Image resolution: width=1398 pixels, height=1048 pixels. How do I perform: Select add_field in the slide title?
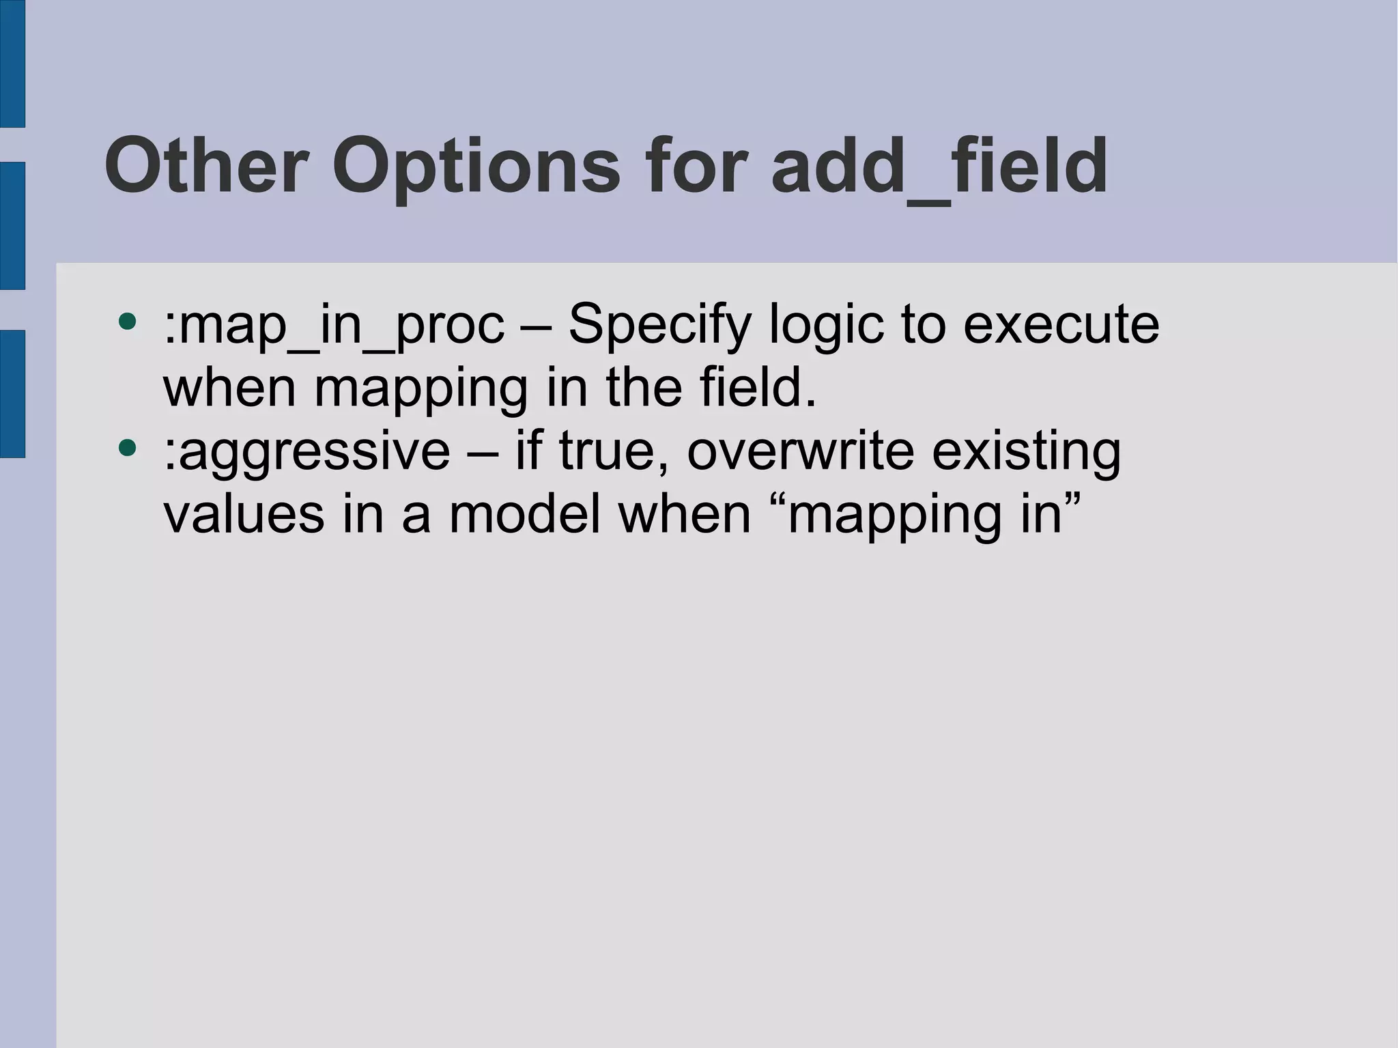point(939,166)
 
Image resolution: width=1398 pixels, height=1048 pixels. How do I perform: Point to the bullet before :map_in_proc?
point(127,321)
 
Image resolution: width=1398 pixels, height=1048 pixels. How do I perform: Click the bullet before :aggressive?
point(127,448)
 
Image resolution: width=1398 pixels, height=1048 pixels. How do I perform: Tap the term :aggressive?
point(307,453)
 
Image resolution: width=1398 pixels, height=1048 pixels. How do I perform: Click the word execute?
point(1061,324)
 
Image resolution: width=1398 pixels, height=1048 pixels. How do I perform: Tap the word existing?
point(1026,453)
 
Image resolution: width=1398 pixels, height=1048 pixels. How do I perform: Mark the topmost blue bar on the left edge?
point(12,63)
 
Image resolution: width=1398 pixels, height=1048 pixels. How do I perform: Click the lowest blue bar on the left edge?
point(12,393)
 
